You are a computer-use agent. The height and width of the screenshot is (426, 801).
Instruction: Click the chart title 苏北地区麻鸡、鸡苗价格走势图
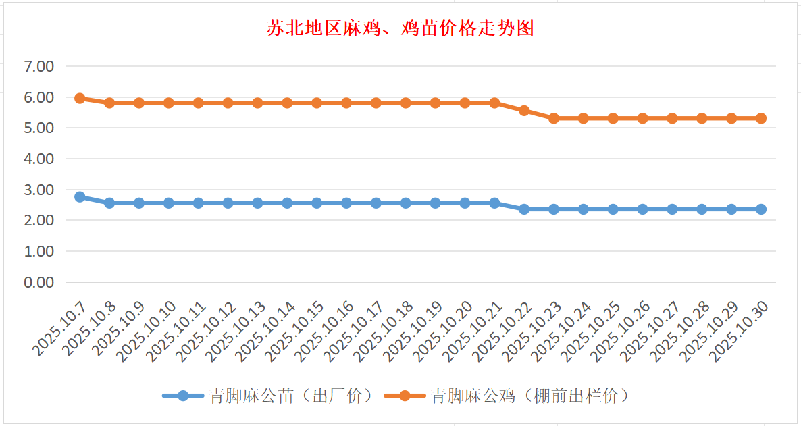(x=400, y=28)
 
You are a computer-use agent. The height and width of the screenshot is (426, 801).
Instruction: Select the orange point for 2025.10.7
(x=80, y=98)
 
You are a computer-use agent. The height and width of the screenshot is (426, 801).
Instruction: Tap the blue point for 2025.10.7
(x=80, y=196)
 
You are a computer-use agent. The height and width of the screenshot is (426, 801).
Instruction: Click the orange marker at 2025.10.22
(x=524, y=110)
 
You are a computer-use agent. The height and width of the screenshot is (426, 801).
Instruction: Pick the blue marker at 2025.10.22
(x=524, y=209)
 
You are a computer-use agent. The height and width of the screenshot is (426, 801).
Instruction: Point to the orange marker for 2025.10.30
(x=761, y=118)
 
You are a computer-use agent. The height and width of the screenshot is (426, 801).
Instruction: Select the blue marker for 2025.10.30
(x=761, y=209)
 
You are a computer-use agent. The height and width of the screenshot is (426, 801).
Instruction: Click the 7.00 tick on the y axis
(x=38, y=66)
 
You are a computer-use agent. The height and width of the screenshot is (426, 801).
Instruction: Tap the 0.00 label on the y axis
(x=38, y=282)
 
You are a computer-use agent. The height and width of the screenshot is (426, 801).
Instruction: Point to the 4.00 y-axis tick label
(x=38, y=159)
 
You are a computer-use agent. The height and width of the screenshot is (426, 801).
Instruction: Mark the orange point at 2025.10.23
(x=554, y=118)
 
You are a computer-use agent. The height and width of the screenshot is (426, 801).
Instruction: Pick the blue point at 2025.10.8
(x=109, y=203)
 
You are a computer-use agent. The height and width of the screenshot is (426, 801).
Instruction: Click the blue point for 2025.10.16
(x=346, y=203)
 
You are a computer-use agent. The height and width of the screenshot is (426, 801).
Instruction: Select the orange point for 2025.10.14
(x=287, y=103)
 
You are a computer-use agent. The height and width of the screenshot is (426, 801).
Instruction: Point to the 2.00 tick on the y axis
(x=38, y=220)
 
